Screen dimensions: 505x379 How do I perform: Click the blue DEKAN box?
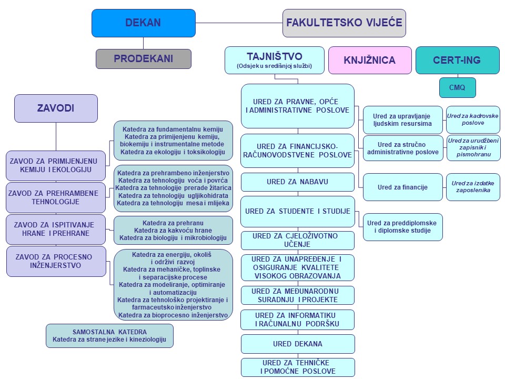pyautogui.click(x=143, y=23)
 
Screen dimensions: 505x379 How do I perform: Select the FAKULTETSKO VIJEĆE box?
pyautogui.click(x=344, y=23)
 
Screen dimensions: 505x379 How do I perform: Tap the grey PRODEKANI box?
pyautogui.click(x=143, y=58)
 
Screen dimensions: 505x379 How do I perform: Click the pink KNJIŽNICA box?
pyautogui.click(x=370, y=60)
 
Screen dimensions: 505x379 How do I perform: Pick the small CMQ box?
pyautogui.click(x=457, y=87)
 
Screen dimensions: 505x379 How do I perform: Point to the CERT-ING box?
pyautogui.click(x=457, y=60)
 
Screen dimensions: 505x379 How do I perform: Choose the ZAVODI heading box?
pyautogui.click(x=56, y=108)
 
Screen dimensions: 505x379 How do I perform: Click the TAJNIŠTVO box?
pyautogui.click(x=275, y=60)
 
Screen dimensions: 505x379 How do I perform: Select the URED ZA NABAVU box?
pyautogui.click(x=298, y=182)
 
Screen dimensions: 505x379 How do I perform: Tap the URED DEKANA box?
pyautogui.click(x=298, y=344)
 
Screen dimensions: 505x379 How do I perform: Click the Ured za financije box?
pyautogui.click(x=402, y=187)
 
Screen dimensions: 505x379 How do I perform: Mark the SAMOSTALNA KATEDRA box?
pyautogui.click(x=109, y=336)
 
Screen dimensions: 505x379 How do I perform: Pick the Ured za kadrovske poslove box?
pyautogui.click(x=473, y=119)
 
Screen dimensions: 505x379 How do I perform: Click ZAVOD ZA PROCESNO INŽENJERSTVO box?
pyautogui.click(x=56, y=262)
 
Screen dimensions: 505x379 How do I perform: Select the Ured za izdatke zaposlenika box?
pyautogui.click(x=473, y=187)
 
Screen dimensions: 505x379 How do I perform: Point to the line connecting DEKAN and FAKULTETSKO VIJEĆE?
pyautogui.click(x=239, y=23)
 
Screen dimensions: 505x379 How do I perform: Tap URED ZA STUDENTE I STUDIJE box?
pyautogui.click(x=298, y=212)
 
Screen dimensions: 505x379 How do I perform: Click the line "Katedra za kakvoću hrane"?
pyautogui.click(x=173, y=231)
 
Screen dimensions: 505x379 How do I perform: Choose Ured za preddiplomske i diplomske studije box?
pyautogui.click(x=402, y=227)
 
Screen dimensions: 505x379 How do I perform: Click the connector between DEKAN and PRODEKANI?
pyautogui.click(x=143, y=43)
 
